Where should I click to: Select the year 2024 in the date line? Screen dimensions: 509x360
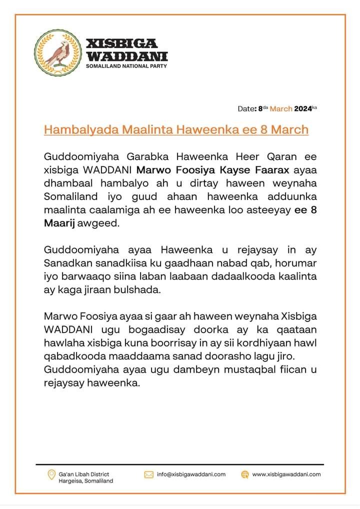pos(302,108)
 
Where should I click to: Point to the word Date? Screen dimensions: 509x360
pos(246,108)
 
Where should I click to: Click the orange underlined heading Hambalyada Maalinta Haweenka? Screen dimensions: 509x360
pos(176,129)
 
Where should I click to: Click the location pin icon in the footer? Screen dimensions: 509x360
pos(50,474)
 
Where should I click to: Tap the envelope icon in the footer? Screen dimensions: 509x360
pos(148,474)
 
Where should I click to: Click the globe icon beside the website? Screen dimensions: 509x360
pos(244,474)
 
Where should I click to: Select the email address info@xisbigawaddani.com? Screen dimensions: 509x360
pos(191,474)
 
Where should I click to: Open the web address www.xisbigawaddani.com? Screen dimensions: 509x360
pos(286,474)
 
